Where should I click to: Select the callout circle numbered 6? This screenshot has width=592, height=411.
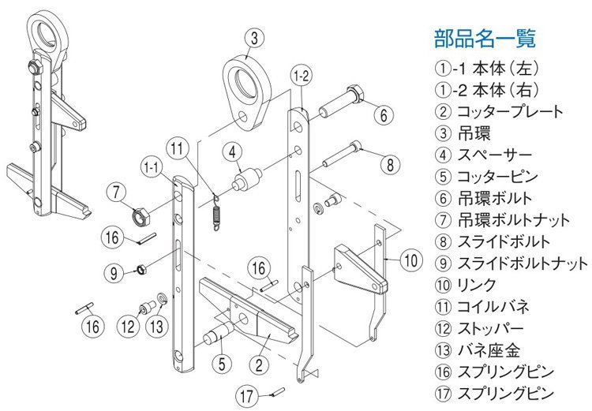(382, 115)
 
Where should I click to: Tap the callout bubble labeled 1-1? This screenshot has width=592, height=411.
(154, 168)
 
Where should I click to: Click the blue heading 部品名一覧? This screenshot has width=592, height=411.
(485, 37)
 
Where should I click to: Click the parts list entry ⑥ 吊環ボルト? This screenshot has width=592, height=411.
(482, 197)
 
